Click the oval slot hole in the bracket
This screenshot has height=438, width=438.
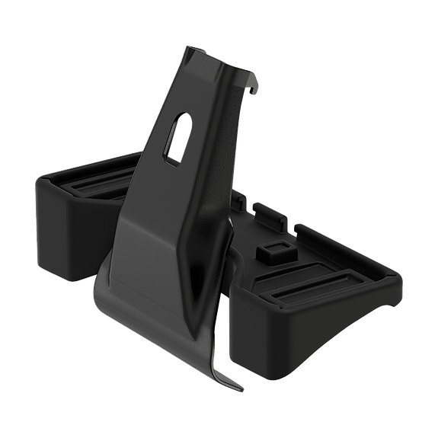pyautogui.click(x=176, y=137)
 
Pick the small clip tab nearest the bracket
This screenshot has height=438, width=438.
pyautogui.click(x=238, y=200)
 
